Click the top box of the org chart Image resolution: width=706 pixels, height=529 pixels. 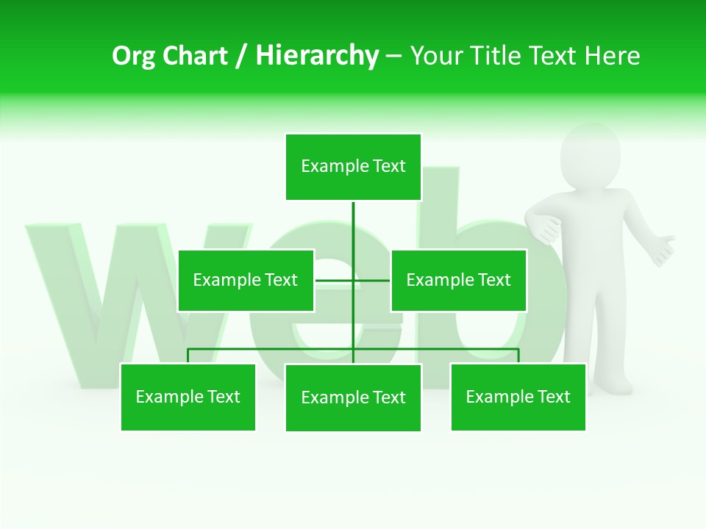[x=353, y=167]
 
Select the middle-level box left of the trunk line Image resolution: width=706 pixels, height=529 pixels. [x=246, y=280]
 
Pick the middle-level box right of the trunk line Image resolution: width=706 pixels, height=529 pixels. [x=458, y=280]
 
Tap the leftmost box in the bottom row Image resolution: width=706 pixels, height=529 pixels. [x=188, y=397]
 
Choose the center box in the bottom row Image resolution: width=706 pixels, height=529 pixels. [x=353, y=397]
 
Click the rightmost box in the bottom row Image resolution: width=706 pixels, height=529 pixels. [x=518, y=397]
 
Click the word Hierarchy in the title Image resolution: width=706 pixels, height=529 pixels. [x=317, y=56]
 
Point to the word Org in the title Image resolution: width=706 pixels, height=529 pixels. [x=134, y=56]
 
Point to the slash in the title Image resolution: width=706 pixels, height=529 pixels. [x=241, y=56]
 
